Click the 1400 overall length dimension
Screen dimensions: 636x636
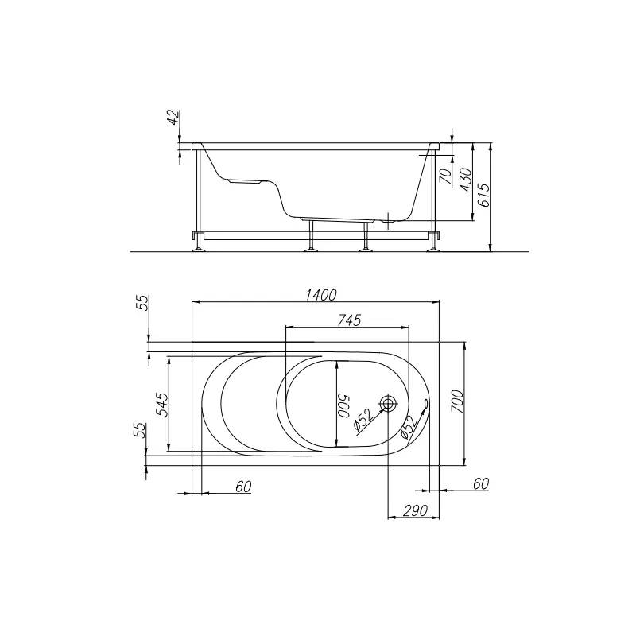click(x=320, y=295)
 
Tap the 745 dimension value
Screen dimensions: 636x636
click(x=349, y=320)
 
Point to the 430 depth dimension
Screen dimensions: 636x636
click(x=466, y=180)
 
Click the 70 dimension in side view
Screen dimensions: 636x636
click(x=446, y=176)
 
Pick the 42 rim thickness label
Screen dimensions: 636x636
click(x=173, y=117)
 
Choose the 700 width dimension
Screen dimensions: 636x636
click(x=457, y=401)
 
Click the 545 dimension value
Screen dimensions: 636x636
click(x=162, y=405)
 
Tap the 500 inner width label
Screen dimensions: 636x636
click(x=344, y=406)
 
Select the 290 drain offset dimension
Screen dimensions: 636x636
click(x=415, y=510)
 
